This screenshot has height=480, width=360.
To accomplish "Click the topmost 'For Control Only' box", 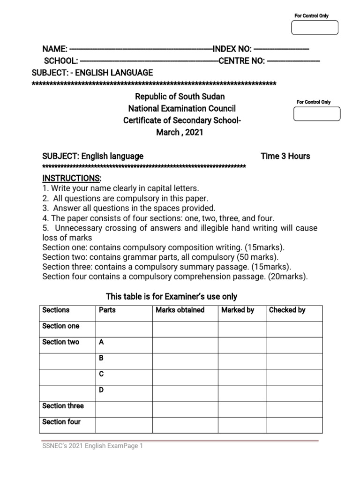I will [315, 28].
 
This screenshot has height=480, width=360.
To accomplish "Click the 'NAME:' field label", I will [55, 49].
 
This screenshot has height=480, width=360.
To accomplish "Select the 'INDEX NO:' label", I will [232, 49].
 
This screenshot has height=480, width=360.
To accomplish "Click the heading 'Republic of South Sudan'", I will [180, 97].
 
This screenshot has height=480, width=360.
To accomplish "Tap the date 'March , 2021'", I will [180, 133].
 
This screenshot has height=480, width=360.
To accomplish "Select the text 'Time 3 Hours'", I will [285, 156].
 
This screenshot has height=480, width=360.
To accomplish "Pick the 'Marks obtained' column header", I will [180, 310].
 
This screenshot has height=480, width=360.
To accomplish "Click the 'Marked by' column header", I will [238, 310].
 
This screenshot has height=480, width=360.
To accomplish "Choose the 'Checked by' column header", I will [287, 310].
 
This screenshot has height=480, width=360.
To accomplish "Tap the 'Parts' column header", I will [107, 310].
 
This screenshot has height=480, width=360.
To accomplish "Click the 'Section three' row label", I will [63, 406].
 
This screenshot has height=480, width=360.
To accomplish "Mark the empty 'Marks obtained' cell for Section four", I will [185, 425].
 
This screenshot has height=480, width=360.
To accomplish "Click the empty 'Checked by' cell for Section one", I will [294, 329].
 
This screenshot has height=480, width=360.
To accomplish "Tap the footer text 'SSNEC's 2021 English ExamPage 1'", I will [92, 446].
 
